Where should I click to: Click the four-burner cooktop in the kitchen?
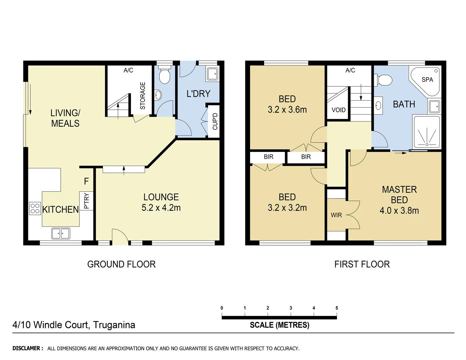pos(35,208)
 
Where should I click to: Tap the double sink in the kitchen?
pos(61,233)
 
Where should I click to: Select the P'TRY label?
pos(86,201)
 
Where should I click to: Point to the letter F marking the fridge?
pos(86,181)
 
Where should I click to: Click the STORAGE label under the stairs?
pos(143,96)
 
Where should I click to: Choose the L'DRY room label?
pos(198,94)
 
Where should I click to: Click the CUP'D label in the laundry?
pos(215,121)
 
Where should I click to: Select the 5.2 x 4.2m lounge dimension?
pos(161,208)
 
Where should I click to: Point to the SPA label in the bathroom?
pos(427,80)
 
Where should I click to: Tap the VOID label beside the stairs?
pos(338,110)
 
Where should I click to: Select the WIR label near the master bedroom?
pos(336,215)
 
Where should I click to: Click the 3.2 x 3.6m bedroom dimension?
pos(287,110)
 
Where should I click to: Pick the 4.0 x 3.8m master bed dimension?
pos(399,210)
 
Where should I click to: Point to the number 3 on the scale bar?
pos(291,308)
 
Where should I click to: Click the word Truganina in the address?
pos(114,325)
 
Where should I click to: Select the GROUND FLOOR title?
pos(121,264)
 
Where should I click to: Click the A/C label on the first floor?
pos(350,70)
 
